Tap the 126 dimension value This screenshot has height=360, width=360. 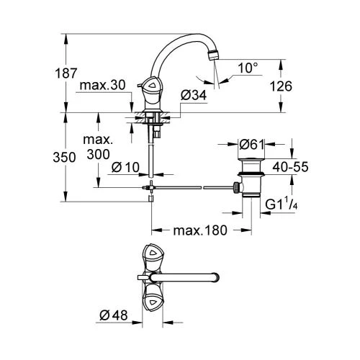pyautogui.click(x=281, y=86)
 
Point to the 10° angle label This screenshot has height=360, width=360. pyautogui.click(x=248, y=68)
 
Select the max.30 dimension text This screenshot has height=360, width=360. pyautogui.click(x=102, y=85)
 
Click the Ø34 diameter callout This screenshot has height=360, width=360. pyautogui.click(x=194, y=96)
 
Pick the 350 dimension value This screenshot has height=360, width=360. pyautogui.click(x=64, y=158)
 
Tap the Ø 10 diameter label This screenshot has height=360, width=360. pyautogui.click(x=125, y=167)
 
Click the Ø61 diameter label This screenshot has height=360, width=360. pyautogui.click(x=251, y=145)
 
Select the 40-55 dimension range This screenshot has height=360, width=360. pyautogui.click(x=290, y=167)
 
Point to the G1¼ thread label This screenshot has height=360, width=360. pyautogui.click(x=282, y=204)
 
